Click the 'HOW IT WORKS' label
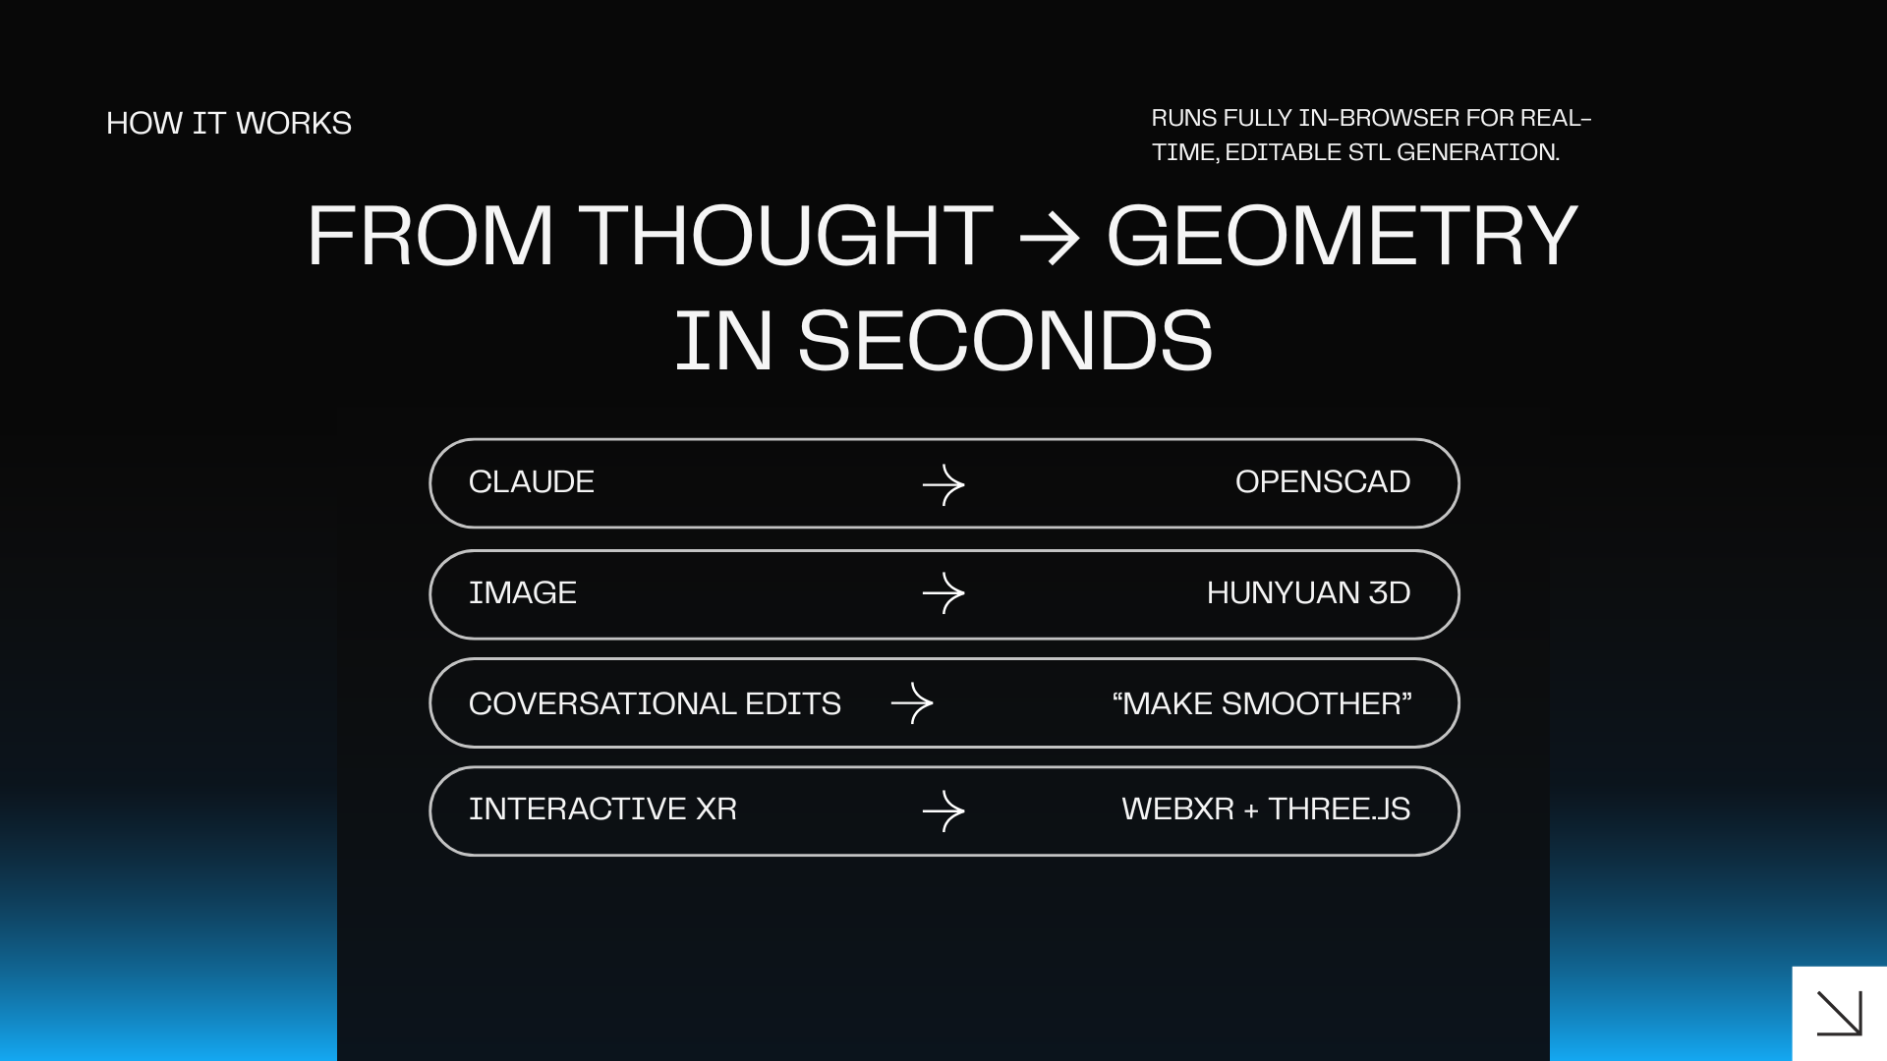pos(228,123)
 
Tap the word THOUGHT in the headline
pos(785,236)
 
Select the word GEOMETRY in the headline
pos(1342,236)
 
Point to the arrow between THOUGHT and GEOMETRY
pos(1050,238)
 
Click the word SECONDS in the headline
pos(1004,341)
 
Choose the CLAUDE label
pos(531,481)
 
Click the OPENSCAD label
pos(1322,481)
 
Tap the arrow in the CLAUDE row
pos(943,484)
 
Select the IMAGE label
pos(522,592)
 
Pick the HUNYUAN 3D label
pos(1308,592)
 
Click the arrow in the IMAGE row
pos(943,593)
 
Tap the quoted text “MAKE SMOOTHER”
pos(1262,703)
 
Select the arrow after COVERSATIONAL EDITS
pos(912,703)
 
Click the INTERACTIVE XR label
pos(602,809)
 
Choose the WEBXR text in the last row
pos(1177,809)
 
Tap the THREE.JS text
pos(1339,809)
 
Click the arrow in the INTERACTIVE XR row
pos(943,811)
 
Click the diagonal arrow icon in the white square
pos(1840,1013)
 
